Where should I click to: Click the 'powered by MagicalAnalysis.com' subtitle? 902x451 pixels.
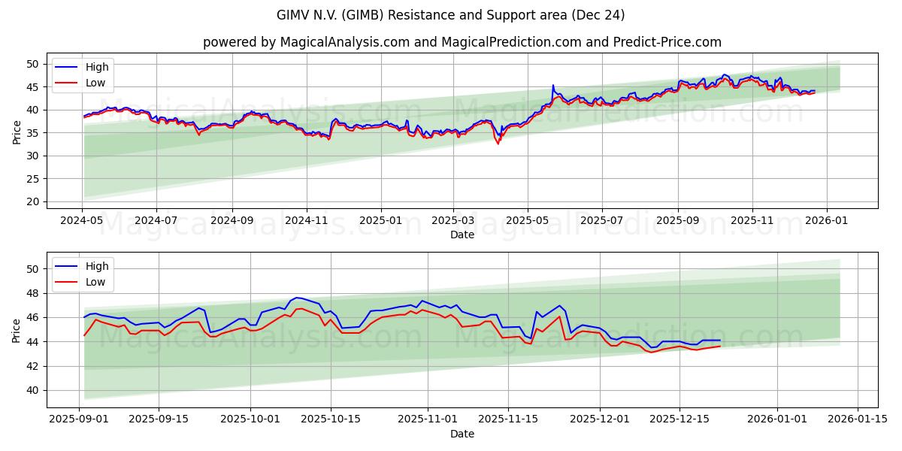point(462,42)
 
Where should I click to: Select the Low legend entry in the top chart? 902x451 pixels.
point(95,83)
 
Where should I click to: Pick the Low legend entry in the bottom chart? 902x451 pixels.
point(95,282)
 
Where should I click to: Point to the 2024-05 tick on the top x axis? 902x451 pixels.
point(82,221)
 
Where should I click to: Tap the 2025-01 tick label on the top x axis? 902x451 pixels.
point(380,221)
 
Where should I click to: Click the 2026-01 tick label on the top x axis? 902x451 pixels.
point(827,221)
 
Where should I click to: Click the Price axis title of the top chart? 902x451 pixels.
point(17,132)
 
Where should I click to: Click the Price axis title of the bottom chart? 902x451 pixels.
point(17,331)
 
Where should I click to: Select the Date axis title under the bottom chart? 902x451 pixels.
point(462,434)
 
